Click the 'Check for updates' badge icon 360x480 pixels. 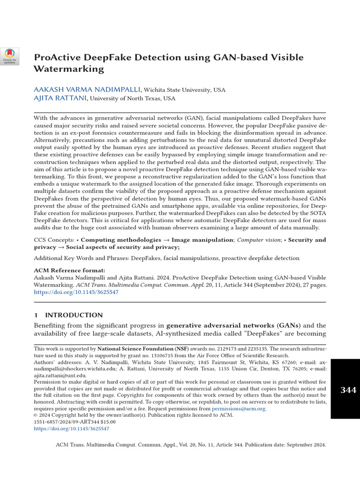[x=9, y=56]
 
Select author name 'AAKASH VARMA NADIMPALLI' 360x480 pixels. [x=87, y=89]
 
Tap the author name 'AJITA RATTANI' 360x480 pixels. [x=60, y=98]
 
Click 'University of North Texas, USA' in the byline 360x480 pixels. [x=133, y=99]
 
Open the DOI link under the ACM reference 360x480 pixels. [x=76, y=292]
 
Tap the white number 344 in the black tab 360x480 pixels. [x=348, y=390]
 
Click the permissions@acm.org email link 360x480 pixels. [x=239, y=409]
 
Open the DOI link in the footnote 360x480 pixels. [x=72, y=428]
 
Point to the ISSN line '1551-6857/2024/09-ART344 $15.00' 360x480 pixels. [x=75, y=422]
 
